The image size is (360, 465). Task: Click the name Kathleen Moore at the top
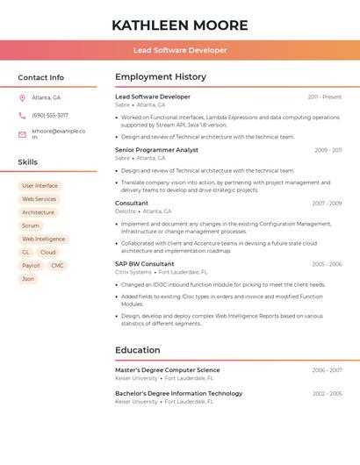click(180, 25)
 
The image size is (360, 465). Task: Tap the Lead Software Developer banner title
click(180, 51)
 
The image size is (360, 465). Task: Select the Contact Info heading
click(41, 78)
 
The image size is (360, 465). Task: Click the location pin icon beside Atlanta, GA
click(22, 98)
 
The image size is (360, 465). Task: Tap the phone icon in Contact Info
click(22, 115)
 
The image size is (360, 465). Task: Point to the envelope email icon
click(22, 134)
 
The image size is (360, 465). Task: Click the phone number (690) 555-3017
click(50, 115)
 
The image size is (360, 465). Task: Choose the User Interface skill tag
click(40, 186)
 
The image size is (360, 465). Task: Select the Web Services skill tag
click(39, 199)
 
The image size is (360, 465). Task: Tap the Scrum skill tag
click(31, 225)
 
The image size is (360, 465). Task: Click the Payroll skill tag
click(31, 265)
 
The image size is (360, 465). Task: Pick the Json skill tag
click(28, 279)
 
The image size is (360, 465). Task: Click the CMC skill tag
click(57, 265)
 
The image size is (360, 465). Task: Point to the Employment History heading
click(161, 77)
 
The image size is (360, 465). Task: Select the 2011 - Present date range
click(324, 97)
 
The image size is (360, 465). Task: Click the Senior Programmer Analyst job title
click(156, 150)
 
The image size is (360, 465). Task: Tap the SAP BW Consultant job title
click(145, 264)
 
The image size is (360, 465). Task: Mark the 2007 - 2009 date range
click(327, 204)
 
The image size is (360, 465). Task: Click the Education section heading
click(138, 350)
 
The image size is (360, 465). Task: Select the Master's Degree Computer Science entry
click(168, 370)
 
